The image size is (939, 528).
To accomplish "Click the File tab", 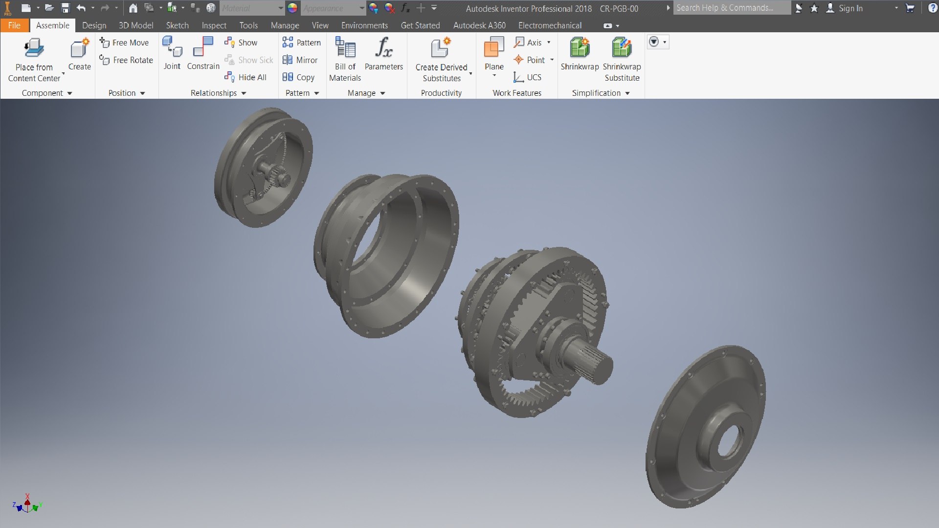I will (x=14, y=25).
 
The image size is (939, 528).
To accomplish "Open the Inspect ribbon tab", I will (x=214, y=25).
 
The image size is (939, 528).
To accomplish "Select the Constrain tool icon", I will (x=203, y=47).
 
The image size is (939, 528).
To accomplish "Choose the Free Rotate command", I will (x=126, y=60).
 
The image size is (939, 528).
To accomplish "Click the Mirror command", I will (x=300, y=60).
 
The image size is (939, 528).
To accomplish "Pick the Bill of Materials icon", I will (x=345, y=48).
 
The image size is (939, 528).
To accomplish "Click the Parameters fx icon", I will (x=383, y=47).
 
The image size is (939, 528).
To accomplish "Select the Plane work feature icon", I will (x=493, y=48).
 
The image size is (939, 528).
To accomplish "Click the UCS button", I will (x=527, y=77).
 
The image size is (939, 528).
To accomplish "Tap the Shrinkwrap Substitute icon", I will (x=622, y=48).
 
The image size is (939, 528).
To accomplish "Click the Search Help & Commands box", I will (x=731, y=8).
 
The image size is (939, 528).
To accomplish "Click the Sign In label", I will (x=850, y=8).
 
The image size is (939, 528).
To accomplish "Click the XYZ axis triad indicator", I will (x=27, y=505).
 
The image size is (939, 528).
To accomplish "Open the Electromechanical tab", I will (x=550, y=25).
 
